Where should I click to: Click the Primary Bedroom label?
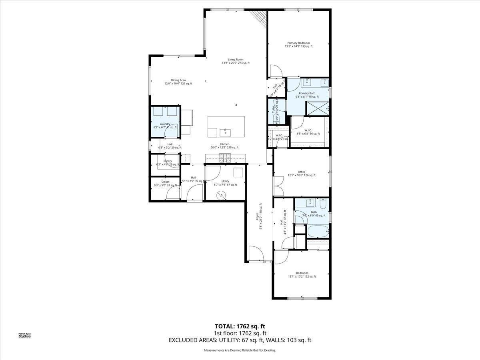click(298, 44)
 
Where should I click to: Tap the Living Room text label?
click(236, 61)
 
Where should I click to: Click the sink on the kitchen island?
click(225, 131)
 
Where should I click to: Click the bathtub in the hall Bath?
click(318, 231)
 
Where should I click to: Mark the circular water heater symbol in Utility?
click(220, 195)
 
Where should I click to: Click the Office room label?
click(301, 173)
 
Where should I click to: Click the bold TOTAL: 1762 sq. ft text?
click(240, 326)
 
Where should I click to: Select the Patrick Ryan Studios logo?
click(25, 335)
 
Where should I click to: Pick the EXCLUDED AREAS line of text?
click(240, 340)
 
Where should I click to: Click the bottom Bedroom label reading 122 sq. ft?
click(302, 274)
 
